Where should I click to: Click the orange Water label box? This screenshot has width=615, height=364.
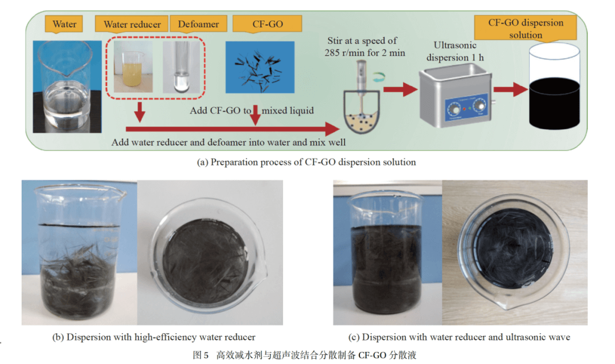tap(64, 24)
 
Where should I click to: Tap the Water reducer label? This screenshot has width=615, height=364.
tap(132, 24)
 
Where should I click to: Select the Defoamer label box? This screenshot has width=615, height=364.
tap(194, 24)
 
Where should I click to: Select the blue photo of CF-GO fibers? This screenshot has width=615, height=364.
tap(260, 67)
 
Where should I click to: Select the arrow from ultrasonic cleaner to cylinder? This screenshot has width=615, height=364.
tap(510, 89)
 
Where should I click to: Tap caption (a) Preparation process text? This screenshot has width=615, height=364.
tap(306, 162)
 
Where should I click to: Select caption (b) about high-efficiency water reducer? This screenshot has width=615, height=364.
tap(154, 337)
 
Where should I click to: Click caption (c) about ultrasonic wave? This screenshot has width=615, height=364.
tap(459, 337)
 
